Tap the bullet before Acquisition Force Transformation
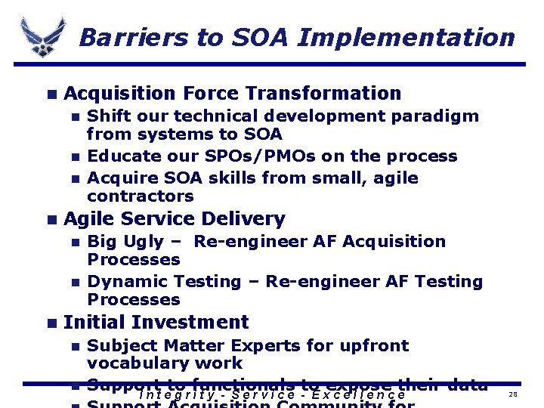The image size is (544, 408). (51, 94)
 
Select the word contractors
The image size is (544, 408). (141, 196)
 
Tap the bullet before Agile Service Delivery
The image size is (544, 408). (51, 220)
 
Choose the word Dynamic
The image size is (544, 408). (126, 282)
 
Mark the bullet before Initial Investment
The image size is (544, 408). (51, 323)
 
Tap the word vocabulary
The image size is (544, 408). (139, 364)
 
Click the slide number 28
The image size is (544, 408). (513, 395)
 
